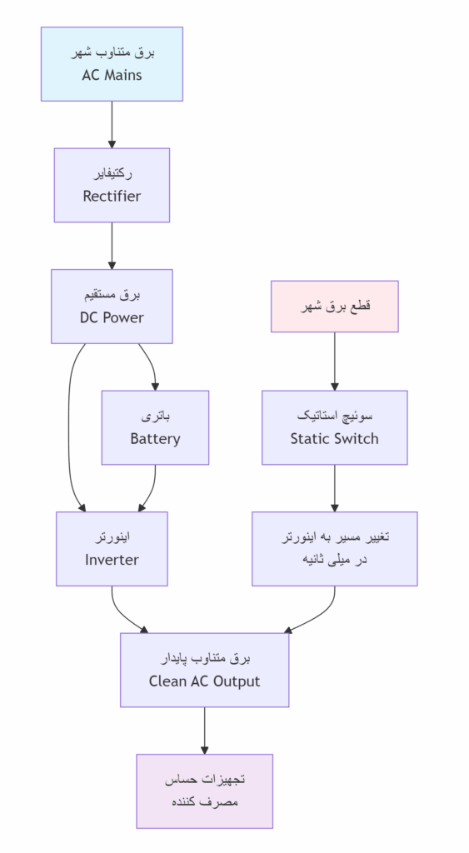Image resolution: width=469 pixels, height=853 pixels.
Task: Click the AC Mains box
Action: [x=112, y=64]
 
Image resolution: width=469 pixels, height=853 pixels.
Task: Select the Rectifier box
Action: [x=112, y=185]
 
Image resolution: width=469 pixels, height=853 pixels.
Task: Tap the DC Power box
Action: [x=112, y=307]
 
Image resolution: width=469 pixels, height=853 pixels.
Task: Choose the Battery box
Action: [x=155, y=427]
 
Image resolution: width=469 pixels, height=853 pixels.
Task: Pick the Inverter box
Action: [x=112, y=549]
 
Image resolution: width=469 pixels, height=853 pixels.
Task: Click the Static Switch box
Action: [x=334, y=427]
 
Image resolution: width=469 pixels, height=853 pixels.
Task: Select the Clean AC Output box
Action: [x=204, y=670]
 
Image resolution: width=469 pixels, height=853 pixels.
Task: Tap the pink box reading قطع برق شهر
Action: [x=334, y=307]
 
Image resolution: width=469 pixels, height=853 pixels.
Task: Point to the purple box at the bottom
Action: [x=204, y=791]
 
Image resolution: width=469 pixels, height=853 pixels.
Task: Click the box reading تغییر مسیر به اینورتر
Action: [x=334, y=549]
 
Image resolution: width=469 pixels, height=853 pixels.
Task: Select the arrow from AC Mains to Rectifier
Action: [x=112, y=125]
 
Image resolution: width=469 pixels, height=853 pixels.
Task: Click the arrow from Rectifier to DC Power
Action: [x=112, y=246]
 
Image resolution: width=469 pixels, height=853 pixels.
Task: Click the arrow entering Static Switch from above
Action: [x=334, y=362]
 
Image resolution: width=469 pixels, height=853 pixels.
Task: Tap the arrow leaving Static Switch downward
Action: [x=334, y=488]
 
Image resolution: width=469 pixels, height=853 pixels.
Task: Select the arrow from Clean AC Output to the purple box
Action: [x=204, y=731]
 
